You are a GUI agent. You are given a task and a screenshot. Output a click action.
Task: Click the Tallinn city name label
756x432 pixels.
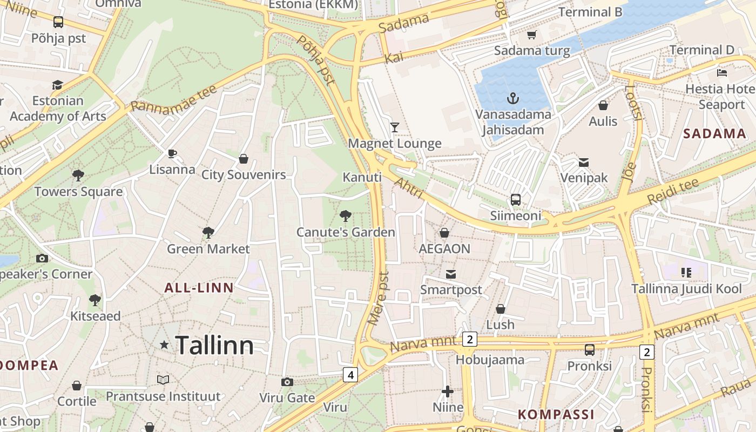click(x=214, y=345)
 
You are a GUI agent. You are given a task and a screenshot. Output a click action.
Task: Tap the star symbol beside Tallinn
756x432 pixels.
click(x=164, y=345)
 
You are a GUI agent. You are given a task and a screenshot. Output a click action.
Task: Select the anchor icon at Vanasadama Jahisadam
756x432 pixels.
click(x=513, y=98)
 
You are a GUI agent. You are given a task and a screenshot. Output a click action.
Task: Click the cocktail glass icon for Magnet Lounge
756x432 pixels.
click(x=395, y=127)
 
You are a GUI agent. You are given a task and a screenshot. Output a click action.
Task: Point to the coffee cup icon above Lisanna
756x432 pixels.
click(x=172, y=154)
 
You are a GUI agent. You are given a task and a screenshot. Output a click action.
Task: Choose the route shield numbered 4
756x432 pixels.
click(x=350, y=374)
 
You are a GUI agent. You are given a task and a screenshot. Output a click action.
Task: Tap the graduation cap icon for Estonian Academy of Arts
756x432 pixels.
click(x=57, y=85)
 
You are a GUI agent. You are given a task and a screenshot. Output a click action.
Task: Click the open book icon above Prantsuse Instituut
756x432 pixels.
click(x=163, y=380)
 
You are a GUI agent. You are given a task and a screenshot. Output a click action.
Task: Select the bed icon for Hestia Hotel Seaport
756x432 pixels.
click(x=722, y=72)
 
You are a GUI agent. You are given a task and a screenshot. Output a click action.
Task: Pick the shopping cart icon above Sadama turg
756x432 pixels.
click(x=532, y=35)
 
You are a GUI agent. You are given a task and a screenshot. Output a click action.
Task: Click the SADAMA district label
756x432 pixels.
click(x=714, y=134)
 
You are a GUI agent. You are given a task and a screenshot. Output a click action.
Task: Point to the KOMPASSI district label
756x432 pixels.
click(x=556, y=415)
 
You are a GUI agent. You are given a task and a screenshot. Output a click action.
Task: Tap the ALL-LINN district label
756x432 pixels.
click(x=199, y=288)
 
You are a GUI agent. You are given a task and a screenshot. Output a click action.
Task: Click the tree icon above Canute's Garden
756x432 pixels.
click(x=346, y=217)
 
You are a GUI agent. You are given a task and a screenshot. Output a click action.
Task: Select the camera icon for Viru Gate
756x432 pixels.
click(x=287, y=382)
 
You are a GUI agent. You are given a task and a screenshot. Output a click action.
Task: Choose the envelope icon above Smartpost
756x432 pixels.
click(x=451, y=274)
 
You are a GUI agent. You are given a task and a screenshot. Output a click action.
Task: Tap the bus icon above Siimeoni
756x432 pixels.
click(x=516, y=200)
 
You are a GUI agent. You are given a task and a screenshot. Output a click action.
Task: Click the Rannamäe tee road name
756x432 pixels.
click(x=173, y=98)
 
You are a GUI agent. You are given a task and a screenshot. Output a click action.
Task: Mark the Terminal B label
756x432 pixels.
click(x=590, y=12)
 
